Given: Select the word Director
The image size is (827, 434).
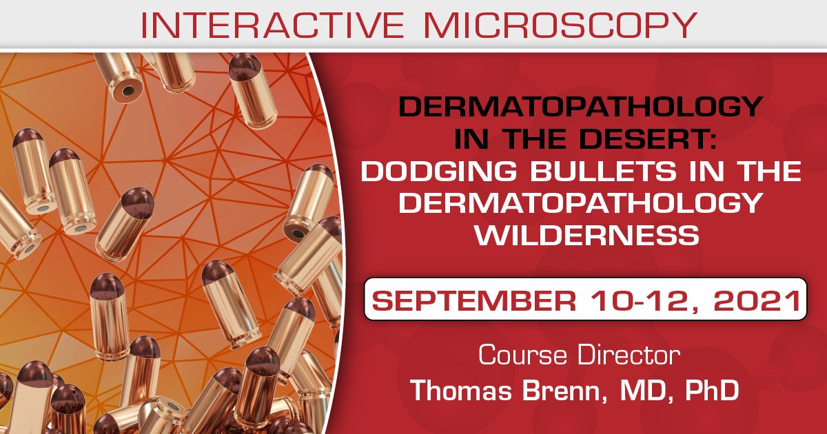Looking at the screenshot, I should tap(628, 355).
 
